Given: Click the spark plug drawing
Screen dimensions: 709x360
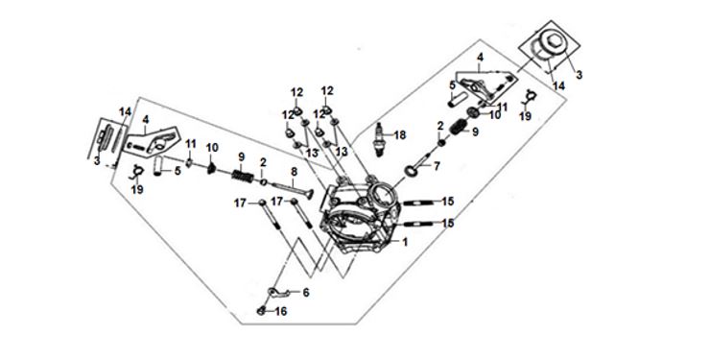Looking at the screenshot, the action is pyautogui.click(x=380, y=139).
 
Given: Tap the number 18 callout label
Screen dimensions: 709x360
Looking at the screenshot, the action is pyautogui.click(x=400, y=134).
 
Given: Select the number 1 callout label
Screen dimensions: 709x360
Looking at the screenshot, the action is pyautogui.click(x=405, y=243).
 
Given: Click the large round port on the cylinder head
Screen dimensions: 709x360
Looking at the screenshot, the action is pyautogui.click(x=380, y=196).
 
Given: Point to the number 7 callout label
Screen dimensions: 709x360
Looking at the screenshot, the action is pyautogui.click(x=437, y=166).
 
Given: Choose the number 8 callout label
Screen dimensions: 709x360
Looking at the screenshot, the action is pyautogui.click(x=294, y=172).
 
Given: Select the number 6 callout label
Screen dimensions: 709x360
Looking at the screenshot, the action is pyautogui.click(x=306, y=293).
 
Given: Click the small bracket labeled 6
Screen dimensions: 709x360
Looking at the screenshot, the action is pyautogui.click(x=277, y=293).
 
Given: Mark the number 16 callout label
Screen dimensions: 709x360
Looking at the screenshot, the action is pyautogui.click(x=281, y=312).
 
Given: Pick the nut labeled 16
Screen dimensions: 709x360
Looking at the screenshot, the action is pyautogui.click(x=261, y=311).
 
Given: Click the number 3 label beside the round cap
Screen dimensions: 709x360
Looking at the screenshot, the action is pyautogui.click(x=579, y=75).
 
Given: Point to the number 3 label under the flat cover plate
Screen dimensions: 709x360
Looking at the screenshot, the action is pyautogui.click(x=97, y=160).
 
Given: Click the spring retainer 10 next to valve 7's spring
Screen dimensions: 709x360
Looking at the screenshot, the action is pyautogui.click(x=473, y=112).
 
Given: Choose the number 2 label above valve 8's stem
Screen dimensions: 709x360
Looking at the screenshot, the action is pyautogui.click(x=263, y=162).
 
